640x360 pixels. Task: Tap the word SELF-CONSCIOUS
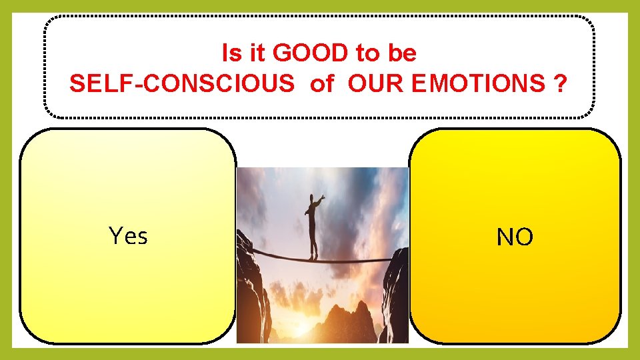(181, 83)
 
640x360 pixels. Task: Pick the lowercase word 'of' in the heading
(321, 83)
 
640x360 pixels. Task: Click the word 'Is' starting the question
(230, 52)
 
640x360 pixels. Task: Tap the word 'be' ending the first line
(403, 52)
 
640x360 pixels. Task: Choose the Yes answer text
(128, 235)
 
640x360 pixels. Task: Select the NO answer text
(515, 237)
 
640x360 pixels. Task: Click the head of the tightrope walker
(312, 198)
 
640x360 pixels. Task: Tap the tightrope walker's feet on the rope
(313, 257)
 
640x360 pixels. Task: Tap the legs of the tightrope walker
(312, 240)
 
